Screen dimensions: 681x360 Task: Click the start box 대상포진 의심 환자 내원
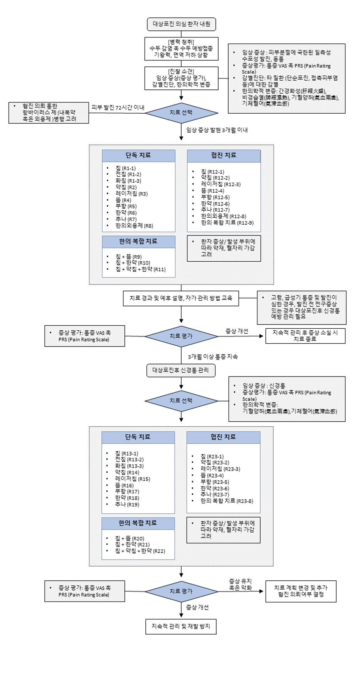pos(181,24)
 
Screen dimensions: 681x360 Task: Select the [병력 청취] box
pos(181,49)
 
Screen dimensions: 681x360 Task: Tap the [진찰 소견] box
pos(181,78)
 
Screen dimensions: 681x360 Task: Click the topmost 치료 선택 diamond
pos(181,113)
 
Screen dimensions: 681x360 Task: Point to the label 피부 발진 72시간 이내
pos(118,108)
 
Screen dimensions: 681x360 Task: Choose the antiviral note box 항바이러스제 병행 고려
pos(49,113)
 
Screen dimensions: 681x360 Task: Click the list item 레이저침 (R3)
pos(131,194)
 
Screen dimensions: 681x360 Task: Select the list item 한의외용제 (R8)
pos(134,226)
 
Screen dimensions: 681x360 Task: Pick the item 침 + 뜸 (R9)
pos(128,257)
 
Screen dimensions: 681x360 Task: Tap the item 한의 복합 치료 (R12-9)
pos(227,223)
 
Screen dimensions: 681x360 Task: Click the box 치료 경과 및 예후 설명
pos(181,298)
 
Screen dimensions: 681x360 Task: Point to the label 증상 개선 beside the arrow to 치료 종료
pos(237,331)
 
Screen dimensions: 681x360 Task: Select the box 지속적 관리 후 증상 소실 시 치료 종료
pos(305,336)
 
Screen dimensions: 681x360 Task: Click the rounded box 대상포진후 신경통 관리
pos(181,370)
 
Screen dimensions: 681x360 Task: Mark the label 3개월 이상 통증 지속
pos(213,357)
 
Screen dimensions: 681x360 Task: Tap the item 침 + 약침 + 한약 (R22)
pos(140,551)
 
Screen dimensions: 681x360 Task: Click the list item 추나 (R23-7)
pos(215,494)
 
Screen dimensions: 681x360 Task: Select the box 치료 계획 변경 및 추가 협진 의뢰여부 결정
pos(301,591)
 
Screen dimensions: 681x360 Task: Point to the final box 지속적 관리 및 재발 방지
pos(181,626)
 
